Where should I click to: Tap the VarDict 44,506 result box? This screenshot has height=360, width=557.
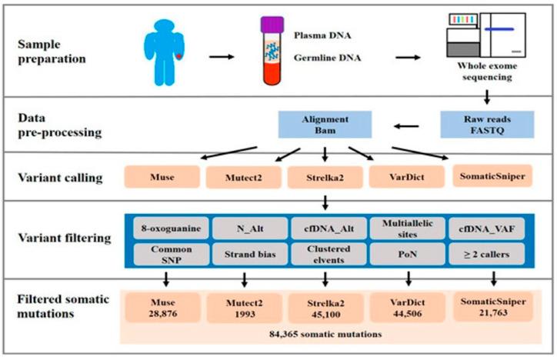click(x=406, y=303)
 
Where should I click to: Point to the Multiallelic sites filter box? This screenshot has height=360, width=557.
click(x=405, y=228)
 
